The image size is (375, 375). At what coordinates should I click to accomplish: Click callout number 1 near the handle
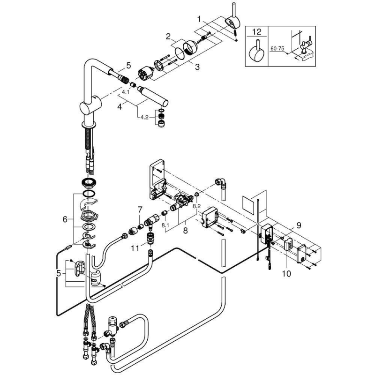pyautogui.click(x=199, y=19)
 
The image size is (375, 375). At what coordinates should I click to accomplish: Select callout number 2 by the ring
pyautogui.click(x=168, y=37)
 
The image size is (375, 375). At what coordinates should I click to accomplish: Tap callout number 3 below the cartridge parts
pyautogui.click(x=197, y=67)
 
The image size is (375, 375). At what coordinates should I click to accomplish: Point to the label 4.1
pyautogui.click(x=126, y=92)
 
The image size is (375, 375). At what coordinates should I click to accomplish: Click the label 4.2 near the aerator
pyautogui.click(x=144, y=117)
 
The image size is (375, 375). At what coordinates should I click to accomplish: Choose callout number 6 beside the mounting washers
pyautogui.click(x=65, y=219)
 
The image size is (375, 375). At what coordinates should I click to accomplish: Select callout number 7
pyautogui.click(x=140, y=210)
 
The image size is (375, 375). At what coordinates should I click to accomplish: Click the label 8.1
pyautogui.click(x=165, y=225)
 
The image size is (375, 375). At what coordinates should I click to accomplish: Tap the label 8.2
pyautogui.click(x=196, y=205)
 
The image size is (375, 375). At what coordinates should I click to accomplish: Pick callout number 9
pyautogui.click(x=299, y=225)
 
